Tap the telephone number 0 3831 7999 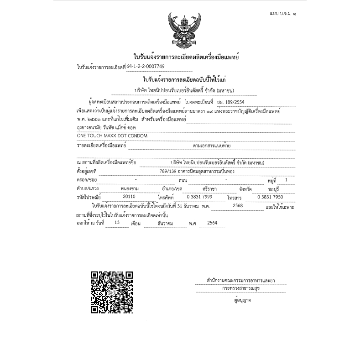click(x=199, y=196)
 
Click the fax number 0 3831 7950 click(x=270, y=196)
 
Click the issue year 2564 click(x=212, y=223)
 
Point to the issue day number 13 click(x=117, y=223)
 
